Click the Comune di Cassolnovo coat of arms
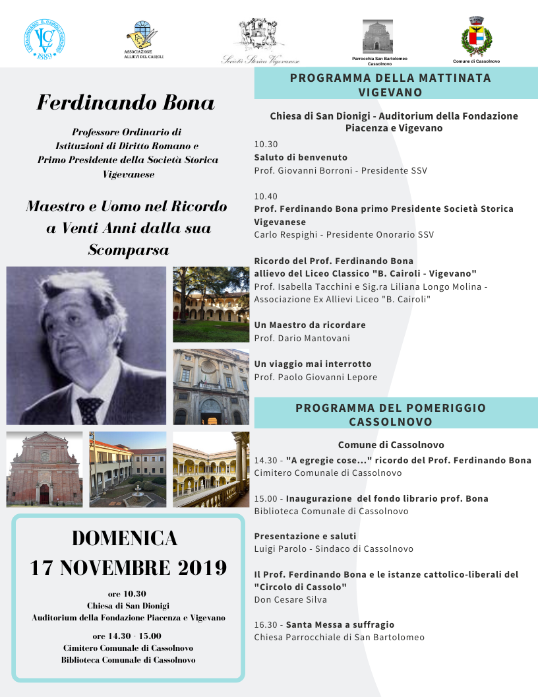tap(476, 36)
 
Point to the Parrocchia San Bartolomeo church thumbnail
tap(377, 36)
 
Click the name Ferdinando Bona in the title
tap(125, 103)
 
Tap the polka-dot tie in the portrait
tap(90, 409)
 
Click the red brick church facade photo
tap(44, 469)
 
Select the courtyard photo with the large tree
tap(210, 304)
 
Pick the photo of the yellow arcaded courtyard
tap(210, 469)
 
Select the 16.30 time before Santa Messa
tap(266, 624)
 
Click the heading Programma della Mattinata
tap(390, 78)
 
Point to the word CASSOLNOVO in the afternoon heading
tap(391, 422)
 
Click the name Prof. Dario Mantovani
tap(302, 338)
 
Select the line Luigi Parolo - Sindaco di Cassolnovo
tap(334, 548)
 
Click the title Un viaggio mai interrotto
tap(313, 364)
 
